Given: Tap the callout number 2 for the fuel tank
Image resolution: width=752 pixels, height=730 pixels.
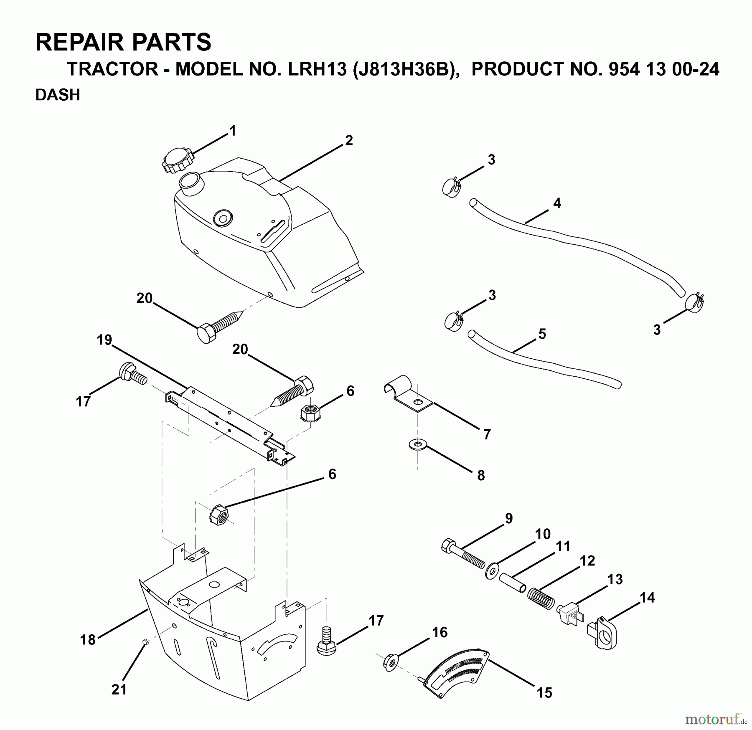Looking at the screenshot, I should [349, 140].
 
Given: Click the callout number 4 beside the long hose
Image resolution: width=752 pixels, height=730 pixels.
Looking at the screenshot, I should [556, 203].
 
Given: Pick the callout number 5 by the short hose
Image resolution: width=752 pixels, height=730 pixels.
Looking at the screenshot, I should [542, 334].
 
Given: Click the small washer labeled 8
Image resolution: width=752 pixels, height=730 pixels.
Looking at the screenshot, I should [417, 445].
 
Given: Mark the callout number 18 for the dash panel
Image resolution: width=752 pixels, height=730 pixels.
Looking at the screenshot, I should [88, 639].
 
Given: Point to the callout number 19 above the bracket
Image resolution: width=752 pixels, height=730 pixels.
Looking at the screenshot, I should [104, 340].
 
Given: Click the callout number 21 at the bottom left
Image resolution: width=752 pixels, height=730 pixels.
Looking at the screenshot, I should [119, 689].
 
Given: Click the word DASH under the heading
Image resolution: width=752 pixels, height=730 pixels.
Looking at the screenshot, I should [58, 95].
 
